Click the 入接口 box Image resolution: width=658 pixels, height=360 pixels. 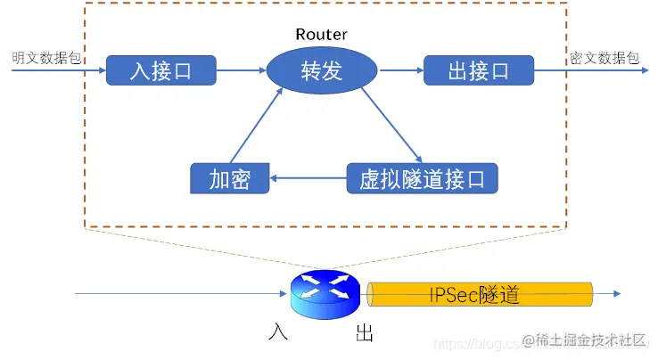coord(161,70)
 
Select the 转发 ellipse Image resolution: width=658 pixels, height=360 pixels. coord(321,70)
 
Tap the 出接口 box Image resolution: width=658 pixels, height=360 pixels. coord(479,70)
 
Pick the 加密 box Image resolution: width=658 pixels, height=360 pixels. coord(229,178)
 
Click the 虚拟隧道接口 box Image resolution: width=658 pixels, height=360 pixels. coord(422,178)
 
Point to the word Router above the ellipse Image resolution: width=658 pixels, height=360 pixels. coord(321,35)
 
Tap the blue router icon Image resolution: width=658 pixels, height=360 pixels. coord(325,292)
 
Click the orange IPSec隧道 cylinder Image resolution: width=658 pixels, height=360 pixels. coord(481,293)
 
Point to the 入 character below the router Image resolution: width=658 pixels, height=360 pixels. coord(277,333)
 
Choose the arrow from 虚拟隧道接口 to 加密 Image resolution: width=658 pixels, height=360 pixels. coord(308,178)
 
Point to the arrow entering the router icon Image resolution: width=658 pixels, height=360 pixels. coord(178,292)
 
